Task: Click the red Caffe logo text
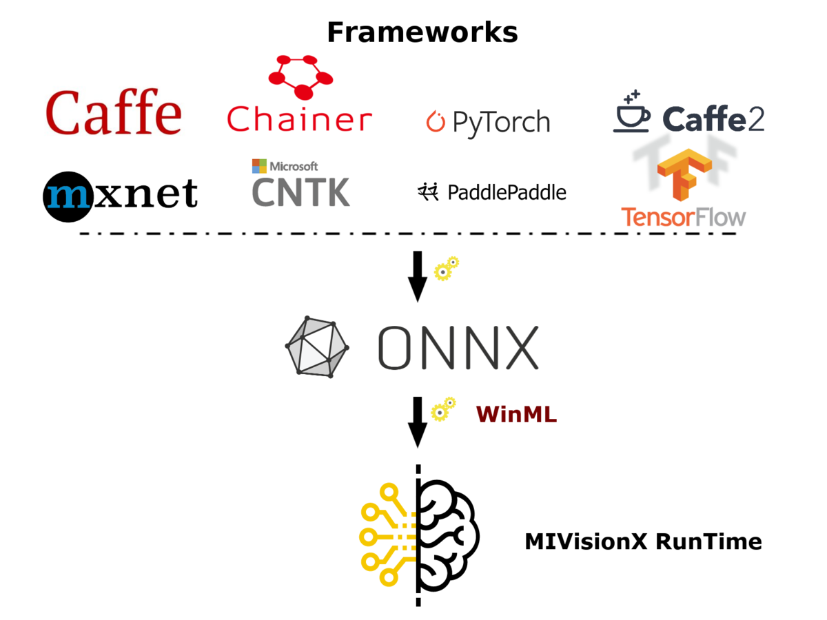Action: click(x=114, y=112)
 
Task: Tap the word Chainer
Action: click(x=300, y=118)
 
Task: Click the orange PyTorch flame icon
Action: click(x=436, y=121)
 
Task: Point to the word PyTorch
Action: click(x=501, y=123)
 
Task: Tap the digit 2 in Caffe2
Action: click(x=755, y=119)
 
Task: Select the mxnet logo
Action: click(x=121, y=196)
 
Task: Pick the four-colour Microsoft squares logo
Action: click(x=259, y=166)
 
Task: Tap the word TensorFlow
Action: click(x=683, y=217)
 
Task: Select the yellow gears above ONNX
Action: click(x=446, y=268)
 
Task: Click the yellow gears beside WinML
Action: click(x=443, y=409)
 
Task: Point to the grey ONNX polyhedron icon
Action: click(x=317, y=347)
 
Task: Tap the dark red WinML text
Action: click(x=516, y=415)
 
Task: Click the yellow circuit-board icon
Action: click(x=387, y=535)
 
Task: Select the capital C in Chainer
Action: click(x=240, y=118)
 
